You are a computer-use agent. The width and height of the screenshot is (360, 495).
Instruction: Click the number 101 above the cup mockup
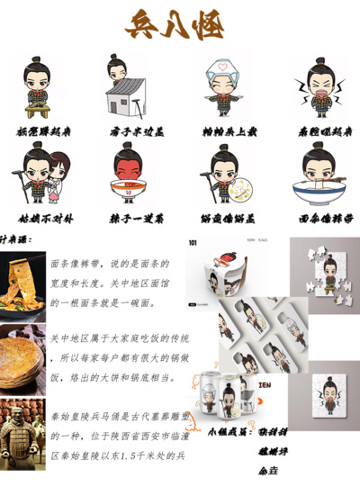[193, 242]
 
